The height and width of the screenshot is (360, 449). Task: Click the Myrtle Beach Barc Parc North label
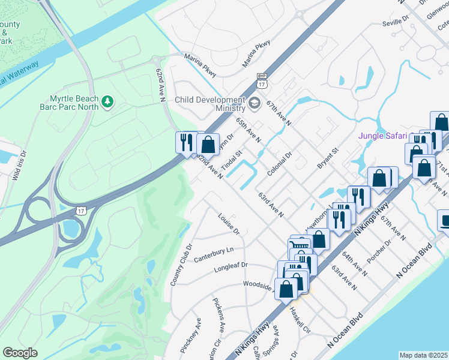tap(67, 102)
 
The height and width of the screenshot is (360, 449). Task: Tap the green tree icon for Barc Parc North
tap(107, 103)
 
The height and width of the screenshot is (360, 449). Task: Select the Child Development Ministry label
tap(210, 103)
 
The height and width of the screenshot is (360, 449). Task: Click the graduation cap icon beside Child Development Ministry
tap(254, 103)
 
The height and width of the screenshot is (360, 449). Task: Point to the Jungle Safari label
tap(383, 136)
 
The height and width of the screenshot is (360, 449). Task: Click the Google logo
tap(20, 352)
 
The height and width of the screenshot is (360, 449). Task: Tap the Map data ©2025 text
tap(424, 355)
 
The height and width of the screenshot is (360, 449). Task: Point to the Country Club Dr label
tap(180, 264)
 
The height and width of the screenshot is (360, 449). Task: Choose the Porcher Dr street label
tap(379, 251)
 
